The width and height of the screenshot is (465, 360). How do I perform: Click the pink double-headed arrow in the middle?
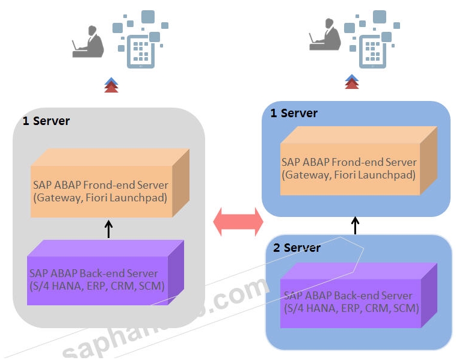coord(239,222)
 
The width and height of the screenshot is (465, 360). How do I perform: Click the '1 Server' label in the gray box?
coord(46,121)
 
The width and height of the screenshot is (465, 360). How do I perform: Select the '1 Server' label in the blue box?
coord(294,113)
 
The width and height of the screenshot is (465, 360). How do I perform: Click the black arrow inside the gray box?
coord(109,229)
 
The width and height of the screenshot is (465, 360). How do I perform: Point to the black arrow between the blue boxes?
coord(355,225)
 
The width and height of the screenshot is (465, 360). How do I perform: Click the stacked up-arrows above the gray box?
coord(111,85)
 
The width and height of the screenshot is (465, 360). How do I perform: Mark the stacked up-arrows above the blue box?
coord(352,81)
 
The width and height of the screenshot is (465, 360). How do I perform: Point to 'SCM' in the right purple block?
coord(406,308)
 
